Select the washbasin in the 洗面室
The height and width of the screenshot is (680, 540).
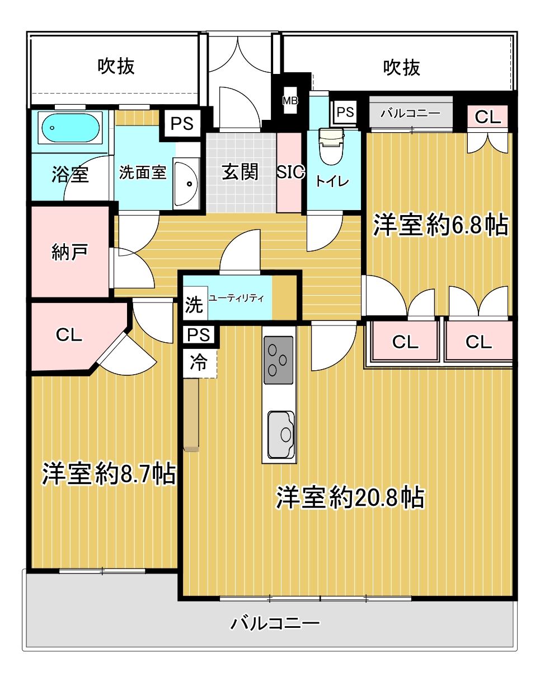coord(186,184)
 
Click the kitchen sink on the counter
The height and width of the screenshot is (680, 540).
coord(280,434)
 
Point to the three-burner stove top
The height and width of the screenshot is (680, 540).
coord(278,360)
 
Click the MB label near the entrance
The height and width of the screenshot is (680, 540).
coord(289,101)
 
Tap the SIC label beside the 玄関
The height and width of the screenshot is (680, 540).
coord(290,172)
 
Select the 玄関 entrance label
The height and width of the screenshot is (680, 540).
coord(240,172)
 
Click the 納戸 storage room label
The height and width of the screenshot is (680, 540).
coord(69,252)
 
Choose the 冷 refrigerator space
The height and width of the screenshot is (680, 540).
coord(199,363)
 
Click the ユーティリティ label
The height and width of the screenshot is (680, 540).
coord(236,298)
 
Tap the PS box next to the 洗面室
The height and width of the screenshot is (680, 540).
coord(182,124)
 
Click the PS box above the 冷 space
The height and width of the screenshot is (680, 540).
coord(199,334)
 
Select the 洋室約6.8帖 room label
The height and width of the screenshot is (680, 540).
coord(440,225)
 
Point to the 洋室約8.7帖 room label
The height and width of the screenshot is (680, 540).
coord(109,474)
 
